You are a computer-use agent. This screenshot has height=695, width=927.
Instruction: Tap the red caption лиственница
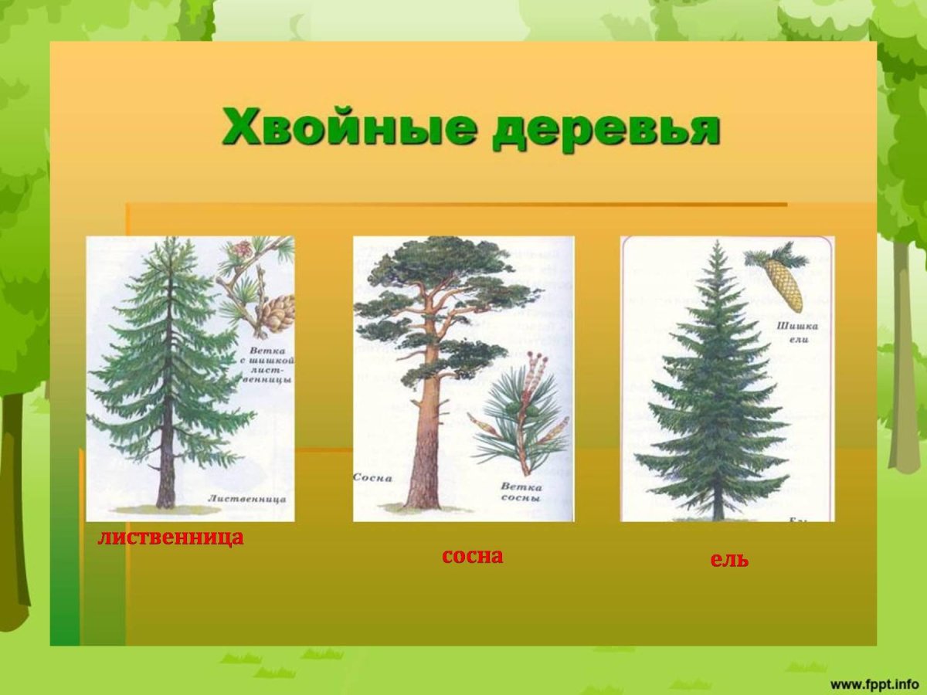(x=171, y=537)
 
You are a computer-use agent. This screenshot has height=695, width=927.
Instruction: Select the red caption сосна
(x=472, y=555)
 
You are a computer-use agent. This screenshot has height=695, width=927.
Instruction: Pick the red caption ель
(x=729, y=560)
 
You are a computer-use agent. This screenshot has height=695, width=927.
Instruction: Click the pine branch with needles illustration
(x=518, y=417)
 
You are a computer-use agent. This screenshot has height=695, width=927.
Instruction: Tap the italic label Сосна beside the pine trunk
(x=373, y=478)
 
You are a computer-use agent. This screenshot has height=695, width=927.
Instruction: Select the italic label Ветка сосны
(x=521, y=493)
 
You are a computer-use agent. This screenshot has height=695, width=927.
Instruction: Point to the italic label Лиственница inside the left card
(x=246, y=499)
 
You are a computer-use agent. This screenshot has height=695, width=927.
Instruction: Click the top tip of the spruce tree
(x=718, y=244)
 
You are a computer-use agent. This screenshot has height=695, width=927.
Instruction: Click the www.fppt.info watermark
(x=874, y=683)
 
